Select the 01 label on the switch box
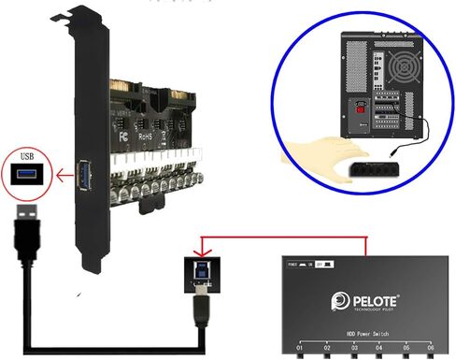[300, 349]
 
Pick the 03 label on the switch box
[354, 349]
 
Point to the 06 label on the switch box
[431, 349]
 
